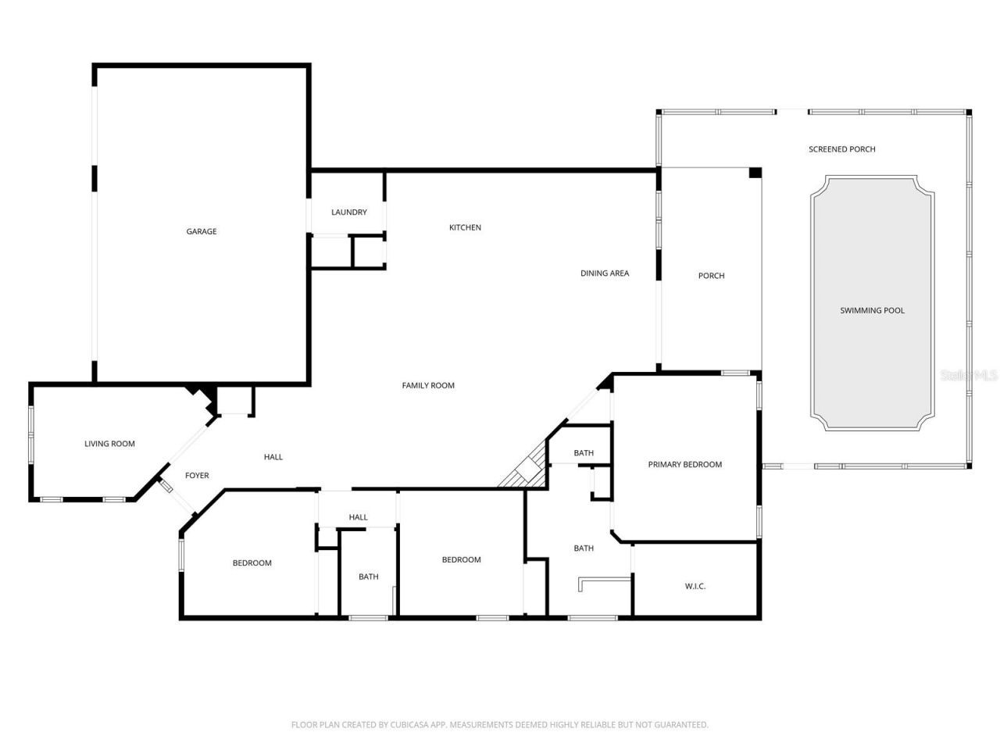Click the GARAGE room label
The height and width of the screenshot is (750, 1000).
(x=202, y=231)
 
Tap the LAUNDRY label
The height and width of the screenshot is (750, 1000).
(x=348, y=212)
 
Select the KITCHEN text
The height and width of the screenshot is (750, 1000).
(x=465, y=227)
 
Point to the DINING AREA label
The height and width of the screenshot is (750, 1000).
(x=605, y=273)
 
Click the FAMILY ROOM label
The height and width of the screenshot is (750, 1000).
(x=428, y=385)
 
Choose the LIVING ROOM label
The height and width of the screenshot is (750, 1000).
(x=109, y=444)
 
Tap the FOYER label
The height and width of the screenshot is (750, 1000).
(x=197, y=476)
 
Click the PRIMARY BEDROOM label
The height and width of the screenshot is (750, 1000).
(x=685, y=465)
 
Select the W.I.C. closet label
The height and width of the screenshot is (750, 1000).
(x=695, y=586)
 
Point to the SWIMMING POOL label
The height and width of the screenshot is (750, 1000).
(x=872, y=311)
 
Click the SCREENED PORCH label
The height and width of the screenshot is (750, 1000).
(x=841, y=149)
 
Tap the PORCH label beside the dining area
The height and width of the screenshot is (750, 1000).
(x=711, y=276)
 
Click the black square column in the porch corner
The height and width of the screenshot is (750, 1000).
(x=755, y=173)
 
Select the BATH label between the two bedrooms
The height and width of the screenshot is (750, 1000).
(x=369, y=577)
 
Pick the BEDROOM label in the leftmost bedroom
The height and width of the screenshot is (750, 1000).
(x=252, y=563)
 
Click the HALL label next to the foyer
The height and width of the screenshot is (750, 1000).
(x=273, y=457)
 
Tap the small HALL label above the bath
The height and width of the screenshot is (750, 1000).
(x=358, y=517)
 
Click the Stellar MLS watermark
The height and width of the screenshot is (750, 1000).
(x=969, y=376)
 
